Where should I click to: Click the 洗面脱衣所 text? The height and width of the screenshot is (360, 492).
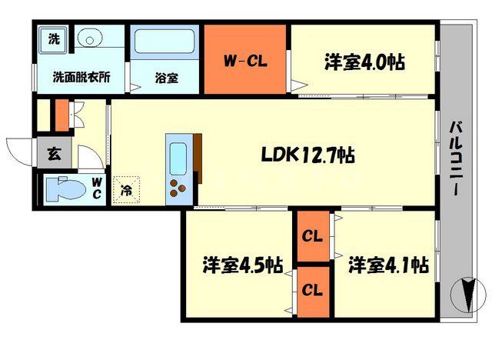click(81, 77)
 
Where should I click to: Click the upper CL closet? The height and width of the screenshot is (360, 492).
click(312, 235)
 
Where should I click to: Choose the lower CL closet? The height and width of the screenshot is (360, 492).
click(312, 290)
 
